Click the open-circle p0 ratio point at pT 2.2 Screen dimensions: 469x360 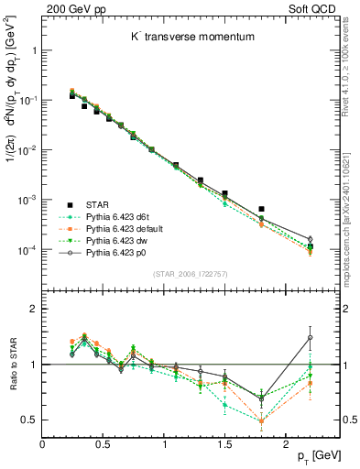(x=310, y=337)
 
